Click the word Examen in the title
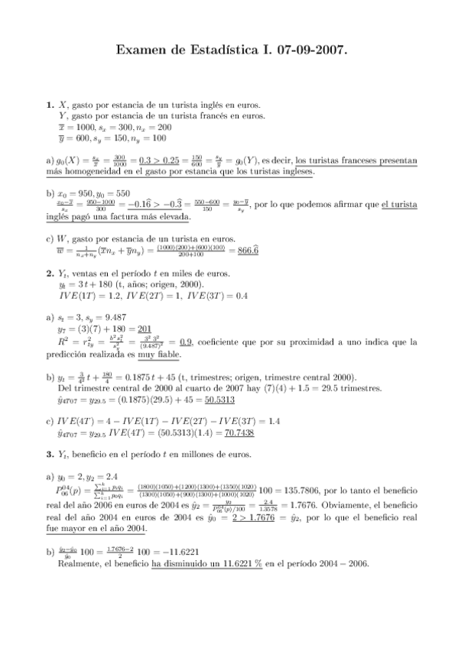[139, 50]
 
